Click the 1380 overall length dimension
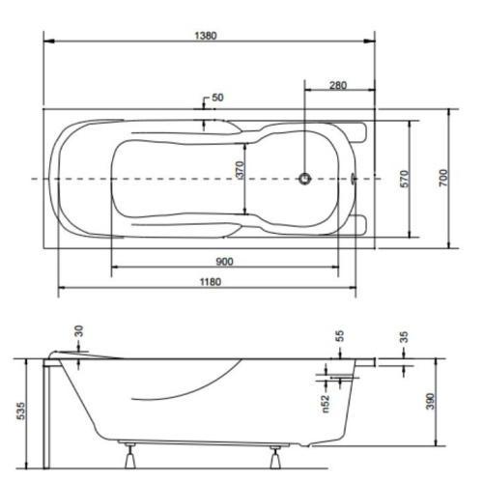tap(206, 36)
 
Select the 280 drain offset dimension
tap(338, 85)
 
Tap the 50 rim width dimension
tap(217, 98)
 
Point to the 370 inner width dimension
tap(241, 169)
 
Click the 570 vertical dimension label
tap(405, 179)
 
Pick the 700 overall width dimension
tap(443, 178)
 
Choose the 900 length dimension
tap(224, 262)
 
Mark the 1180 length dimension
tap(211, 282)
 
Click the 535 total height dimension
tap(20, 411)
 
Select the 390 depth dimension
tap(430, 401)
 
